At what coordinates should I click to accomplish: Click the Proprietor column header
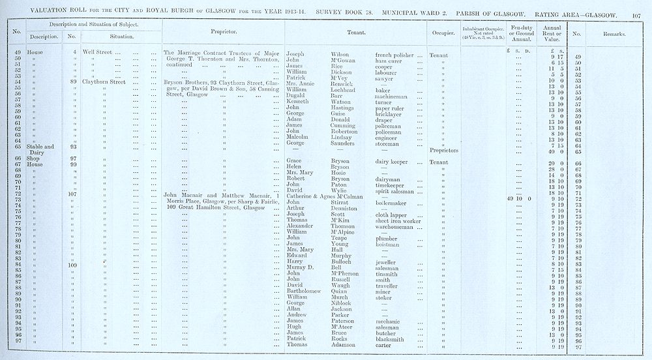(x=224, y=31)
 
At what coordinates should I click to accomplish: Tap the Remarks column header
(x=614, y=34)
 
